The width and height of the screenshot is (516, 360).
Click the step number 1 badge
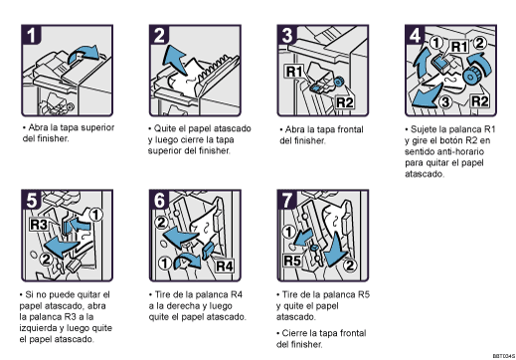35,37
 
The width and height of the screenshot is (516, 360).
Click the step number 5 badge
35,202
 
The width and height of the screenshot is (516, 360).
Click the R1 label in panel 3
294,73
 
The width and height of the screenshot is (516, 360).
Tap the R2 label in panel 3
344,101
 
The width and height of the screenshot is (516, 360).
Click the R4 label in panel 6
224,266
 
